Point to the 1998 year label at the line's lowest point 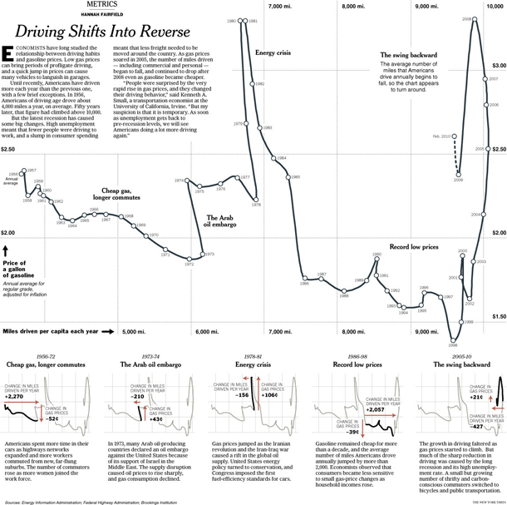(453, 343)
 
